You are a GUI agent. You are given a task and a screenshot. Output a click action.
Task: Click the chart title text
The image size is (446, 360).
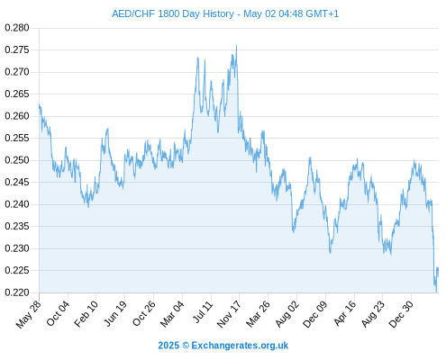pyautogui.click(x=225, y=13)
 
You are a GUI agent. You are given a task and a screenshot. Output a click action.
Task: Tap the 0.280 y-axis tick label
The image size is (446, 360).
pyautogui.click(x=17, y=28)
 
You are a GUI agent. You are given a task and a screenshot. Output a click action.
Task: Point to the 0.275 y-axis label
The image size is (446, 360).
pyautogui.click(x=17, y=49)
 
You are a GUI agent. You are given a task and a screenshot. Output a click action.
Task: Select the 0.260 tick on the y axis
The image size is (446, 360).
pyautogui.click(x=17, y=116)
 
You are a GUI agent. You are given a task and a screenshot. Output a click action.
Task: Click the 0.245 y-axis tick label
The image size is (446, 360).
pyautogui.click(x=17, y=182)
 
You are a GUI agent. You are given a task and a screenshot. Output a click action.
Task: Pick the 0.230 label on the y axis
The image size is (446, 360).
pyautogui.click(x=17, y=248)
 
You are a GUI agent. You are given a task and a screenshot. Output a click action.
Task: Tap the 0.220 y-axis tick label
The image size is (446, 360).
pyautogui.click(x=17, y=292)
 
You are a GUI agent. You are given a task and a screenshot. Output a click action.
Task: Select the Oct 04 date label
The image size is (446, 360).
pyautogui.click(x=58, y=313)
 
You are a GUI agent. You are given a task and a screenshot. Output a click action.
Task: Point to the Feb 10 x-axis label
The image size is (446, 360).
pyautogui.click(x=86, y=314)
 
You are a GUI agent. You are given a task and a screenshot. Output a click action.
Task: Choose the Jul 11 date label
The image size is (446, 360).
pyautogui.click(x=203, y=312)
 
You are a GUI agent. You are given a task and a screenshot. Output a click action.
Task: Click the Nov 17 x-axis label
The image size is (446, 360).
pyautogui.click(x=229, y=314)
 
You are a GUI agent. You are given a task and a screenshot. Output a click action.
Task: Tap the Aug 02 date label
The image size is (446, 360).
pyautogui.click(x=287, y=314)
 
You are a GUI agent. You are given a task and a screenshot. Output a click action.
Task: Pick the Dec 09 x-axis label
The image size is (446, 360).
pyautogui.click(x=314, y=314)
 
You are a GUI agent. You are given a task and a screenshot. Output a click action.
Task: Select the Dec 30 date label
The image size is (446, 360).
pyautogui.click(x=401, y=314)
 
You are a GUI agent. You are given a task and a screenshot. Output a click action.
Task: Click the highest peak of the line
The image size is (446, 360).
pyautogui.click(x=236, y=46)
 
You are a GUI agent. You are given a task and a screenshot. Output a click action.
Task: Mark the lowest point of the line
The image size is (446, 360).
pyautogui.click(x=436, y=292)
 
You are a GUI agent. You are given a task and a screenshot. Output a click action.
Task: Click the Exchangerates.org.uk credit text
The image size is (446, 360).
pyautogui.click(x=240, y=346)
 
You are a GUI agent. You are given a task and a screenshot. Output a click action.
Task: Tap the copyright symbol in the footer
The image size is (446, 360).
pyautogui.click(x=186, y=346)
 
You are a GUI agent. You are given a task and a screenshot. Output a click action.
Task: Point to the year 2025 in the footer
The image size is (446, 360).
pyautogui.click(x=168, y=346)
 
